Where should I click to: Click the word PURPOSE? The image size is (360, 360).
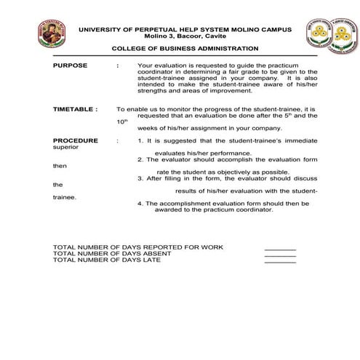point(71,65)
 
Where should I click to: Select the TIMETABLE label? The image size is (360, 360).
point(75,108)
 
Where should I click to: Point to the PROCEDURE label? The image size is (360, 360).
point(76,139)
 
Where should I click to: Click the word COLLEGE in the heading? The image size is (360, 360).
point(129,49)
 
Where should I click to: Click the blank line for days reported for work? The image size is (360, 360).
point(280,249)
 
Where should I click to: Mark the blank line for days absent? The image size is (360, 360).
point(280,255)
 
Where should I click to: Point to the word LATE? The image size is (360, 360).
point(153,260)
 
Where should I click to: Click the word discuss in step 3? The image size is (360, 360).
point(305,177)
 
